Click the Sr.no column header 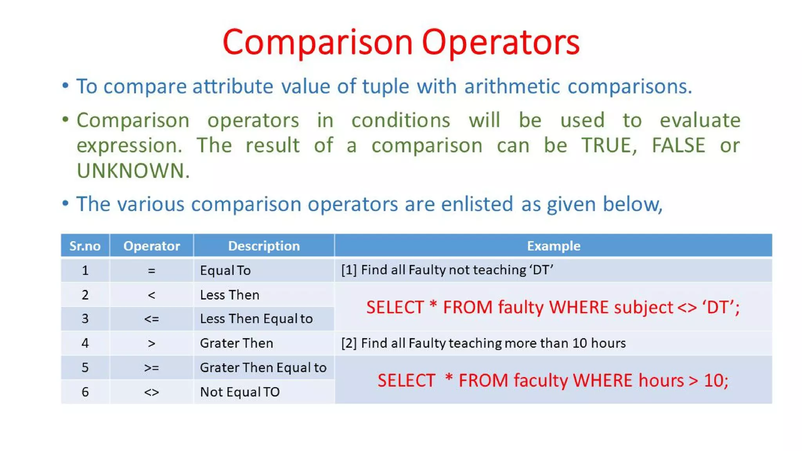pyautogui.click(x=85, y=246)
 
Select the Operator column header pyautogui.click(x=152, y=246)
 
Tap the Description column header pyautogui.click(x=264, y=246)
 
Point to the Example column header pyautogui.click(x=553, y=246)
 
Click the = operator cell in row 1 pyautogui.click(x=152, y=271)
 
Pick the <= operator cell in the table pyautogui.click(x=152, y=319)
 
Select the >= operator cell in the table pyautogui.click(x=152, y=368)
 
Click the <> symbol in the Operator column pyautogui.click(x=152, y=392)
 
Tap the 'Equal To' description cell pyautogui.click(x=225, y=271)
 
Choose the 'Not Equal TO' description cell pyautogui.click(x=240, y=392)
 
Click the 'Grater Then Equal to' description pyautogui.click(x=263, y=368)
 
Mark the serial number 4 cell pyautogui.click(x=85, y=343)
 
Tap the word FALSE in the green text pyautogui.click(x=678, y=146)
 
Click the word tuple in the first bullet pyautogui.click(x=385, y=87)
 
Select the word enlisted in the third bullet pyautogui.click(x=477, y=204)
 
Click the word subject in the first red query pyautogui.click(x=643, y=308)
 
